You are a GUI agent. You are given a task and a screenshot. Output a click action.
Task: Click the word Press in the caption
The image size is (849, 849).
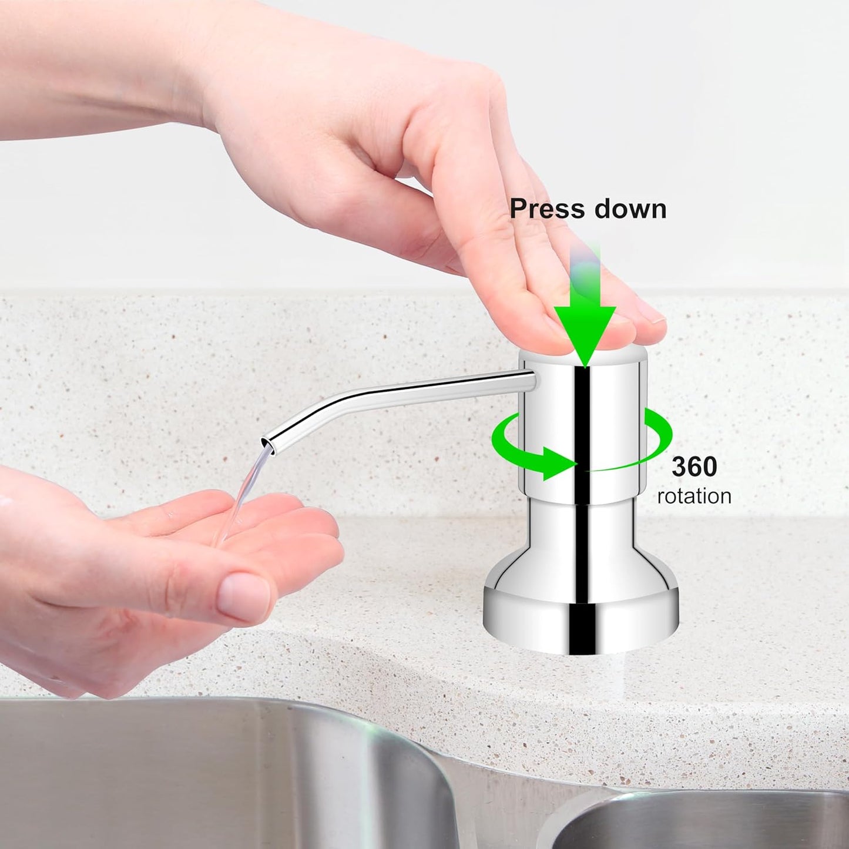click(547, 209)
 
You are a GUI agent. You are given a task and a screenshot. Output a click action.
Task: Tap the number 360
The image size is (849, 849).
click(694, 467)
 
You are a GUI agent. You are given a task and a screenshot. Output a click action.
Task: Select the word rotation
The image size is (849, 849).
click(694, 496)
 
